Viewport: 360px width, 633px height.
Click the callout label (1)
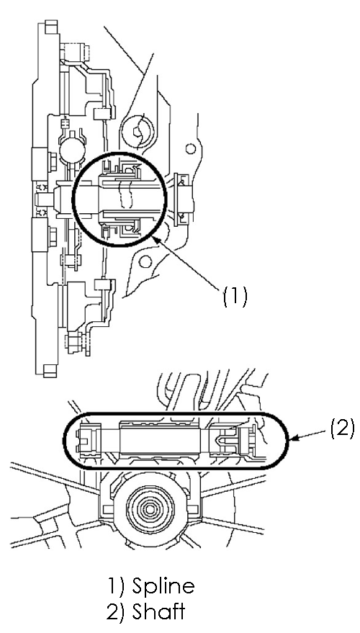235,297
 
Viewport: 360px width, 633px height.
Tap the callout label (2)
342,428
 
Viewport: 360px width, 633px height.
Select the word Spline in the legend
163,586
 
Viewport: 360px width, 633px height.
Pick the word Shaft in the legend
158,611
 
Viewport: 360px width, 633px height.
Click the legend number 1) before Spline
116,586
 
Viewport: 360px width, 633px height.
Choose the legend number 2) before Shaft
117,611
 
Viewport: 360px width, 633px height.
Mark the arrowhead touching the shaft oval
294,438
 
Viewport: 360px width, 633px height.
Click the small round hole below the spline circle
145,262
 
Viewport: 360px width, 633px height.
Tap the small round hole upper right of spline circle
191,149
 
